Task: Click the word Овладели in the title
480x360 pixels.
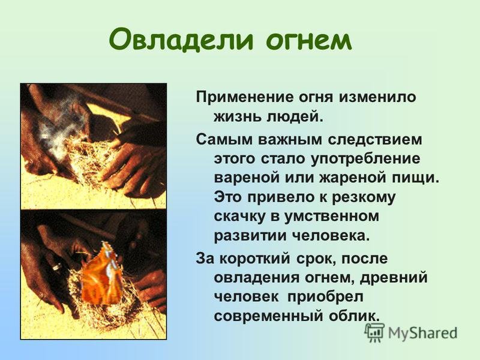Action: [181, 40]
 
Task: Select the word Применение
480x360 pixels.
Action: [244, 98]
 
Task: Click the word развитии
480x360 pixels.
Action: [250, 236]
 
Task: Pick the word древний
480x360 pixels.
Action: [394, 278]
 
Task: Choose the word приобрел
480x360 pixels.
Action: [325, 298]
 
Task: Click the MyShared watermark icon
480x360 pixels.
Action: [374, 333]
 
